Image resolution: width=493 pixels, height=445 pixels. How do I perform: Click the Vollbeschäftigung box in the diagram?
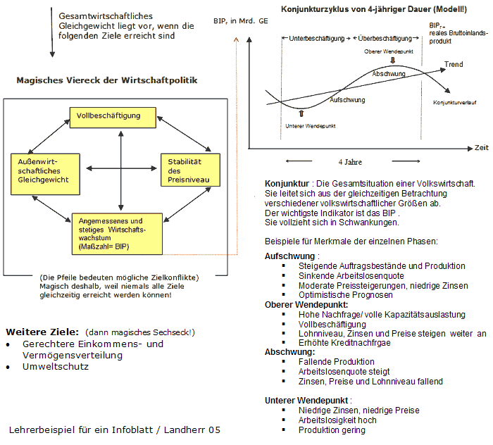[x=108, y=115]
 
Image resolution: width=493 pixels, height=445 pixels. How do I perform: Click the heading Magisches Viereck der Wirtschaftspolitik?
[x=107, y=80]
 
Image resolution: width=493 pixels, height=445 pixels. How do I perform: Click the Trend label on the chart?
[x=454, y=65]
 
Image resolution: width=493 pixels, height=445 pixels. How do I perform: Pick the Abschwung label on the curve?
[x=389, y=74]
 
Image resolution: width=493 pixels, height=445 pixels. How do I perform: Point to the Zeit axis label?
[x=481, y=149]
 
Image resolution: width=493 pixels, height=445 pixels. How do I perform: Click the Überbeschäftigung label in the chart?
[x=384, y=38]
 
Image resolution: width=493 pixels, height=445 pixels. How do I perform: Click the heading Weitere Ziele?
[x=42, y=332]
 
